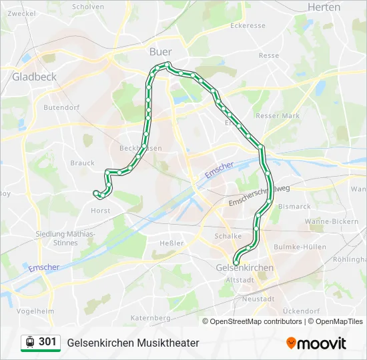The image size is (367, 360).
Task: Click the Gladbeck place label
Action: click(35, 77)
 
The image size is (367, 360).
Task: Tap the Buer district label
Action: click(160, 51)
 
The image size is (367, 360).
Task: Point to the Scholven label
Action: click(88, 7)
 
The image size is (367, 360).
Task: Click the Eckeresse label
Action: click(248, 26)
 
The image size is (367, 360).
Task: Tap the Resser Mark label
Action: click(278, 115)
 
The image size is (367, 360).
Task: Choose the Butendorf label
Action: click(61, 107)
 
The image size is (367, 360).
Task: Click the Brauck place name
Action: click(82, 163)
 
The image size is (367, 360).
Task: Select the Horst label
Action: click(100, 210)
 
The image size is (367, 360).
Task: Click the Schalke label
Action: click(228, 236)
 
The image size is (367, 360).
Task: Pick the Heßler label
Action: click(171, 243)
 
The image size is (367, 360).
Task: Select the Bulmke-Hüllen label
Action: click(301, 247)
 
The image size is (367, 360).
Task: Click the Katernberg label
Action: click(151, 318)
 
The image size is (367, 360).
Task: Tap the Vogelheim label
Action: click(35, 311)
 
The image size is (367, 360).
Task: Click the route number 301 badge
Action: click(47, 342)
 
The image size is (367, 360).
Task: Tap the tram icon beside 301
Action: click(30, 342)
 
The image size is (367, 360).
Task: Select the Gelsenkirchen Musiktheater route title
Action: click(133, 343)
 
